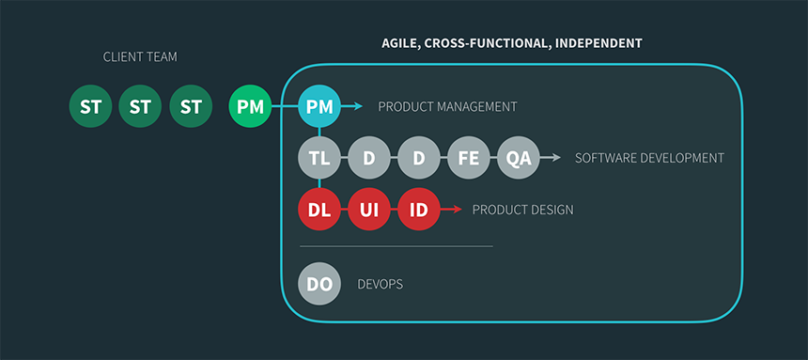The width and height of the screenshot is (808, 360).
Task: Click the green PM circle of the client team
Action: (250, 107)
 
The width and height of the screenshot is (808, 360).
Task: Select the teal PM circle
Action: (319, 107)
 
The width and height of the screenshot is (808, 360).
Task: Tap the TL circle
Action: (319, 157)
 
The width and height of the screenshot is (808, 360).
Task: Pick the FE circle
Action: (469, 157)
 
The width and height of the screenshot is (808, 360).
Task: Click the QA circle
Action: (519, 157)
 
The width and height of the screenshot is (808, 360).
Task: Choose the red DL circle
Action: (319, 210)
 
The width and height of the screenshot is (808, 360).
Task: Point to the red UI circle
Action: (369, 210)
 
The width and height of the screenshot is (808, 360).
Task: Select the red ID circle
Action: (419, 210)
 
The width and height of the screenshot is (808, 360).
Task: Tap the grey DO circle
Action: (319, 284)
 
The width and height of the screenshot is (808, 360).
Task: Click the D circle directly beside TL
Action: (369, 157)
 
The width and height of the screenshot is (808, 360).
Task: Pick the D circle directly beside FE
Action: (419, 157)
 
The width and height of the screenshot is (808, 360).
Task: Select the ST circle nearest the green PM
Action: (191, 107)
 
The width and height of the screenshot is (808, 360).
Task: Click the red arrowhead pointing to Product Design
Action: (458, 210)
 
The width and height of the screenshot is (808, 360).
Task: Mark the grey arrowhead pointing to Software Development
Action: (556, 157)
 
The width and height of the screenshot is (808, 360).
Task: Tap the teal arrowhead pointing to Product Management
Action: (358, 107)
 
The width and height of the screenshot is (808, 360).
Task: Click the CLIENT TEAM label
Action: (140, 56)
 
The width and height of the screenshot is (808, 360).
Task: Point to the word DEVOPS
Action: (381, 284)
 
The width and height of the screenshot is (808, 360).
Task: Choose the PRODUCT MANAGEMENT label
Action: (447, 107)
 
